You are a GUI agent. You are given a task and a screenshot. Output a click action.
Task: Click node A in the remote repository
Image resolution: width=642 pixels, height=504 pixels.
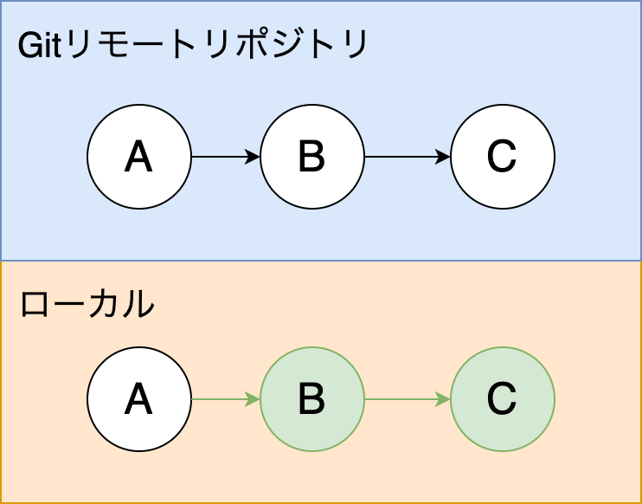pyautogui.click(x=138, y=157)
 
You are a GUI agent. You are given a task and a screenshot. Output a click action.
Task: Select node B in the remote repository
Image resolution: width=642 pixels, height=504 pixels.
pyautogui.click(x=311, y=157)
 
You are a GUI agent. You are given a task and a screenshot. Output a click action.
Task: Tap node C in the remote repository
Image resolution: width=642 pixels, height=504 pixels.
pyautogui.click(x=502, y=157)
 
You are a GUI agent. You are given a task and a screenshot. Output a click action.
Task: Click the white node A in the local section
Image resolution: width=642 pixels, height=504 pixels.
pyautogui.click(x=138, y=399)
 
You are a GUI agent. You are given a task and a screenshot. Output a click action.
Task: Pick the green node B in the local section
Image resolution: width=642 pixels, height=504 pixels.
pyautogui.click(x=311, y=399)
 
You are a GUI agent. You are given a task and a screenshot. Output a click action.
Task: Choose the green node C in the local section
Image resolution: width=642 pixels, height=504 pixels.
pyautogui.click(x=502, y=399)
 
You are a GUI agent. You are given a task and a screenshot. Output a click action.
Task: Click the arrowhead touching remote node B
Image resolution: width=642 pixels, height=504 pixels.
pyautogui.click(x=254, y=157)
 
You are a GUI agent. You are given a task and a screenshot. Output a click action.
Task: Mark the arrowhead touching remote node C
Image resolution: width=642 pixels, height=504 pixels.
pyautogui.click(x=444, y=157)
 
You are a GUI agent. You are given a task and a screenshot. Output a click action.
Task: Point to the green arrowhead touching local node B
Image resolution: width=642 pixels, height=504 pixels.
pyautogui.click(x=254, y=399)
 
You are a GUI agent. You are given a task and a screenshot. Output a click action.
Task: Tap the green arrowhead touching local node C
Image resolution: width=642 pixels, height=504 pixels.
pyautogui.click(x=444, y=399)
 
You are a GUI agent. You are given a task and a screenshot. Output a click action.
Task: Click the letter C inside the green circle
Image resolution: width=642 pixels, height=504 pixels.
pyautogui.click(x=502, y=399)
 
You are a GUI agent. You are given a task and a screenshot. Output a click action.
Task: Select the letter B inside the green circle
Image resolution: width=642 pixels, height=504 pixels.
pyautogui.click(x=311, y=399)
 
